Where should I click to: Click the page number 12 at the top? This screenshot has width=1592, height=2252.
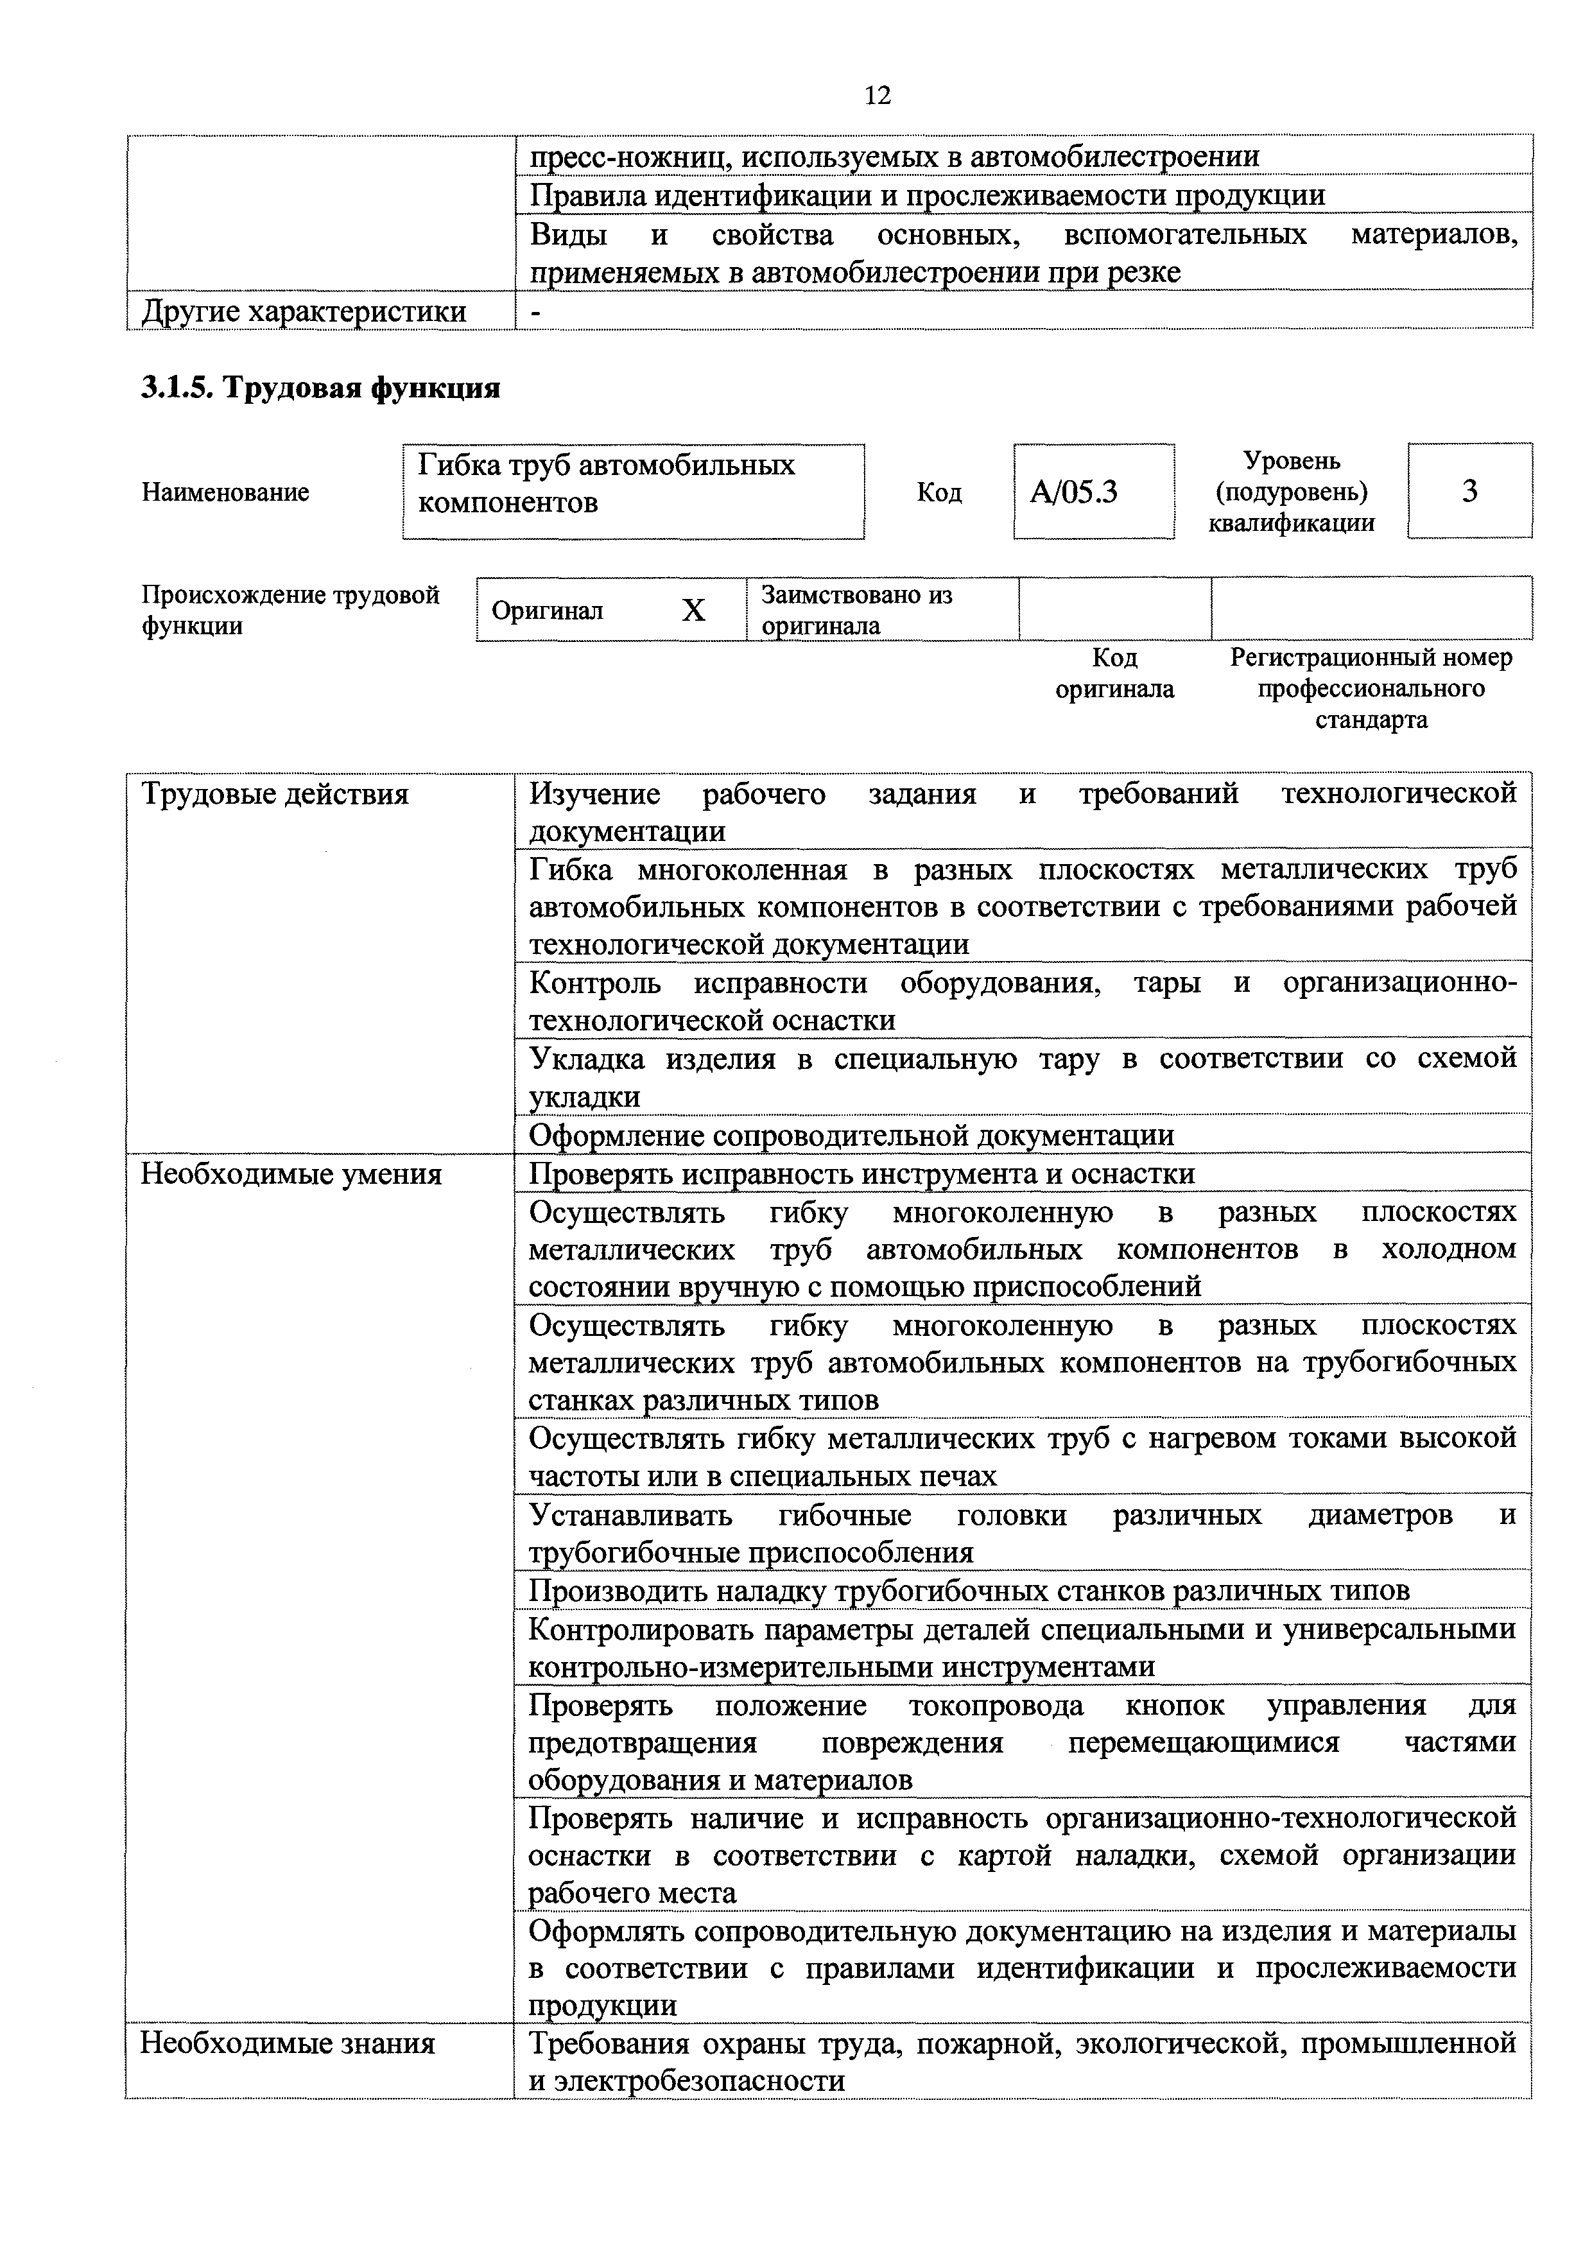coord(878,95)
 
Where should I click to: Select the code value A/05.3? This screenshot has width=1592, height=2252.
coord(1073,491)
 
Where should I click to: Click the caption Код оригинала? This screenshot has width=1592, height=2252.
coord(1114,673)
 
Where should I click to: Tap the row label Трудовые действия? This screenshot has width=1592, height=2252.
coord(275,793)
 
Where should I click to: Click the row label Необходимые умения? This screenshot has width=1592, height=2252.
coord(291,1174)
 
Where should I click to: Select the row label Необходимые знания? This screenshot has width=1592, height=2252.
coord(288,2043)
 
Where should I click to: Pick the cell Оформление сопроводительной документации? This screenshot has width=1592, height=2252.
coord(851,1136)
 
